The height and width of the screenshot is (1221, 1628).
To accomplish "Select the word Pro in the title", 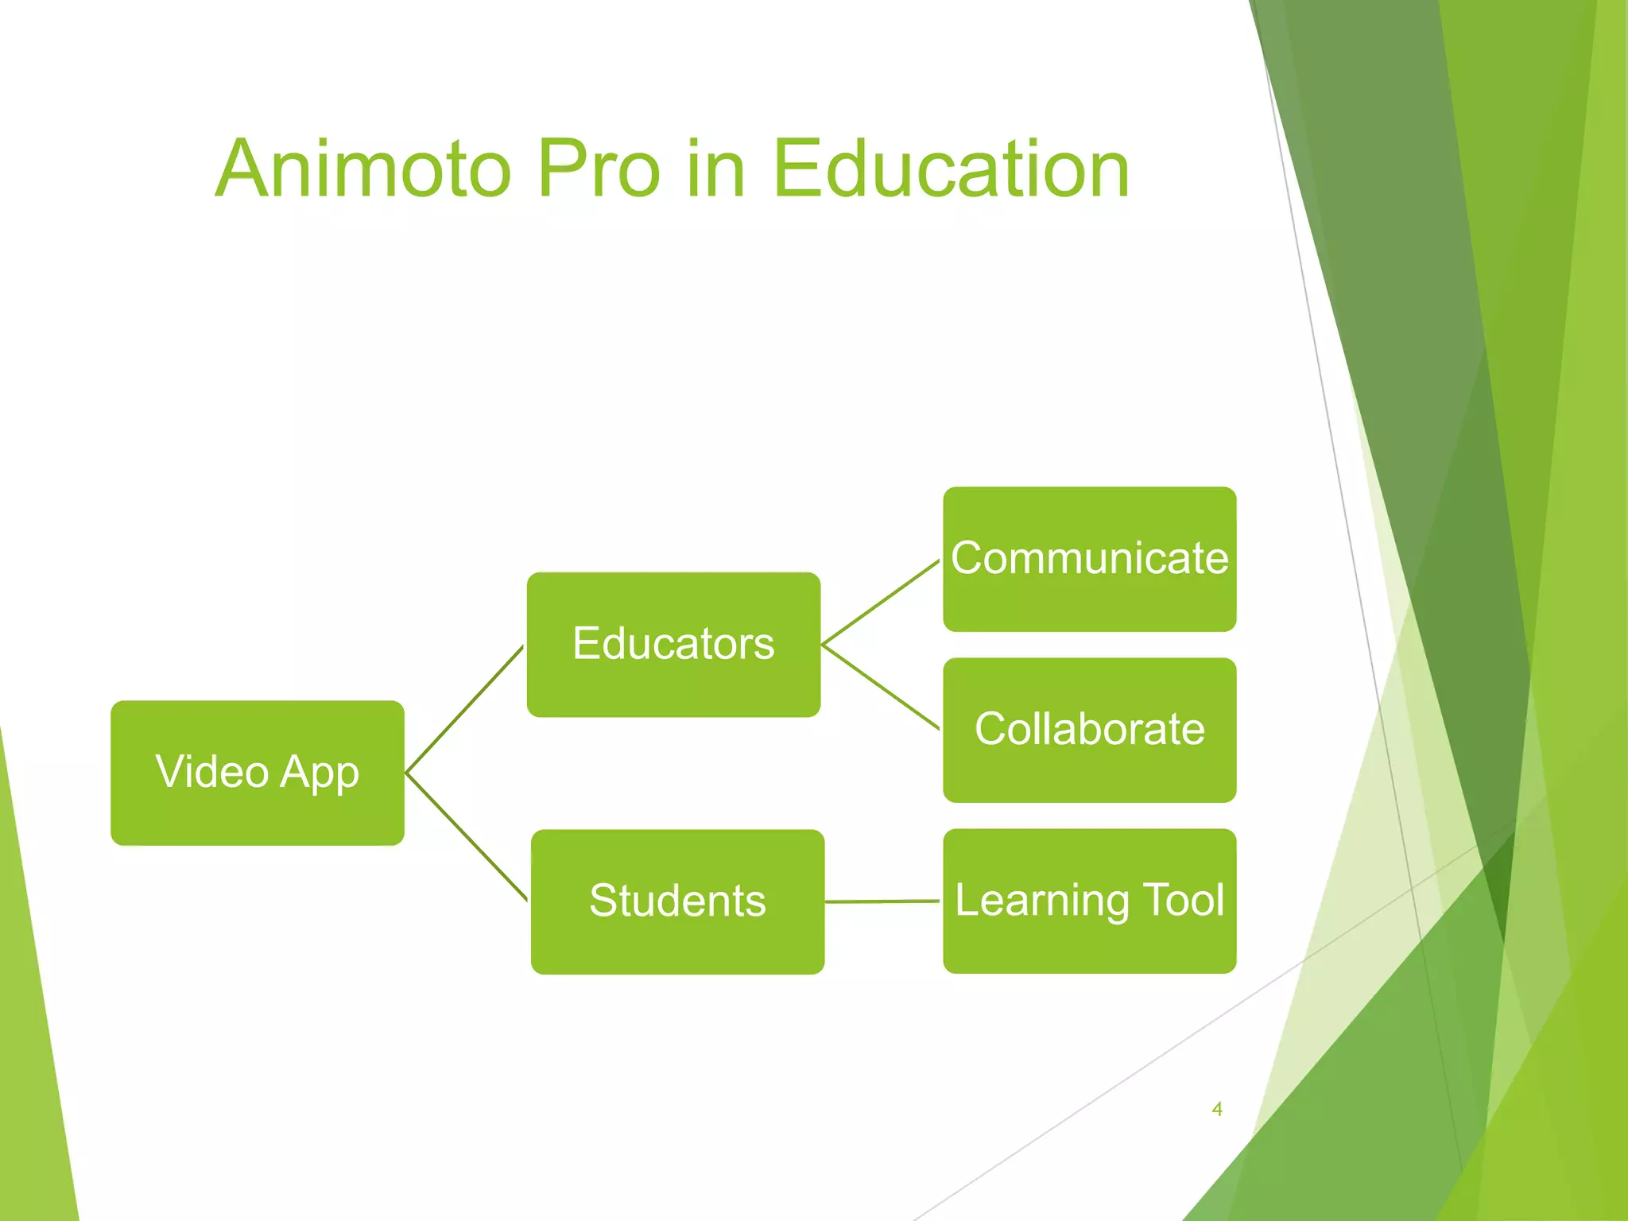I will [598, 169].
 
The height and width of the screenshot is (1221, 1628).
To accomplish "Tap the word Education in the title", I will [950, 169].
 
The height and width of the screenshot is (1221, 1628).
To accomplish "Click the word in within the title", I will [715, 169].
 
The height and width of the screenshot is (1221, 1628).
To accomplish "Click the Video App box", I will [257, 772].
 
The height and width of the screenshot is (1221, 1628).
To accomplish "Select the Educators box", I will [673, 644].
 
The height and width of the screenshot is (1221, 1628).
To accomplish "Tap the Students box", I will [677, 901].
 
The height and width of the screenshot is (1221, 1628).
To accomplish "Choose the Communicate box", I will [1089, 559].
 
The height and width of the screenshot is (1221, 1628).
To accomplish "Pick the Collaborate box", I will [1089, 730].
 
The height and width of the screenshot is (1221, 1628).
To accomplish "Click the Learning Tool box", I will [1089, 901].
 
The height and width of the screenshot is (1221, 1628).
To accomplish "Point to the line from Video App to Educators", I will [464, 709].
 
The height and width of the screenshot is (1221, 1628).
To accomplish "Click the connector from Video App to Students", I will [466, 836].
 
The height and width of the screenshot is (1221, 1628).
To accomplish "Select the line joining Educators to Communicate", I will [881, 602].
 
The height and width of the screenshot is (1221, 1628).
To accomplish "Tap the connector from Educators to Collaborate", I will [881, 687].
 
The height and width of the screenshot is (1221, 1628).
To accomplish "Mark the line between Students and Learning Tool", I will [882, 901].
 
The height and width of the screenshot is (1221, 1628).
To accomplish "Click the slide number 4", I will [1216, 1109].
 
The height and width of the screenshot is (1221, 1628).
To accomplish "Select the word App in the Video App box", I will [320, 772].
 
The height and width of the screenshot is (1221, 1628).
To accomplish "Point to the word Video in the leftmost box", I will [212, 771].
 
